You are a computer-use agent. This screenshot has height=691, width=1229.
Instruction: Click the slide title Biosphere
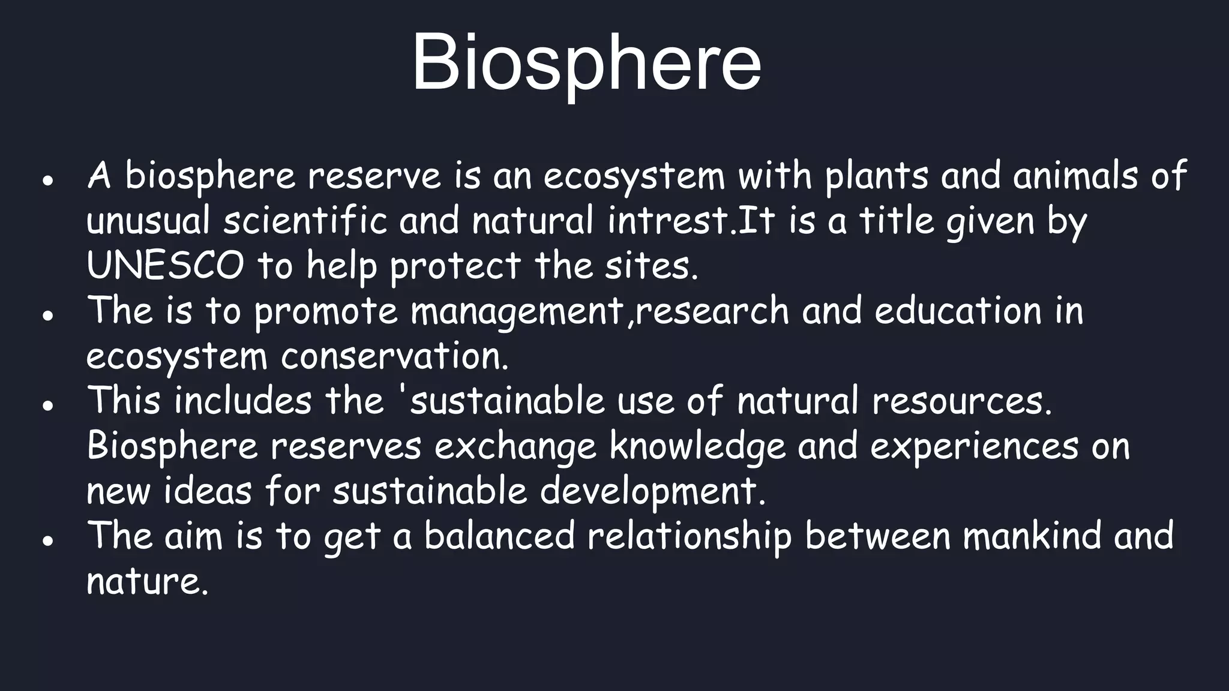(x=586, y=63)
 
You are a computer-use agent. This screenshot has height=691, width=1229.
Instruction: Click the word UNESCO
(x=165, y=266)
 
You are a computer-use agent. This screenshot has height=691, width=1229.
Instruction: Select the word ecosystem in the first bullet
(x=634, y=176)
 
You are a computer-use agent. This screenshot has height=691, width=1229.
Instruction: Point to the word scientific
(x=305, y=220)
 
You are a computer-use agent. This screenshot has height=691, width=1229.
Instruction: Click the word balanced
(x=499, y=536)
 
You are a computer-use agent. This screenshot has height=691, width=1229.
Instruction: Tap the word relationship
(x=689, y=536)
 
